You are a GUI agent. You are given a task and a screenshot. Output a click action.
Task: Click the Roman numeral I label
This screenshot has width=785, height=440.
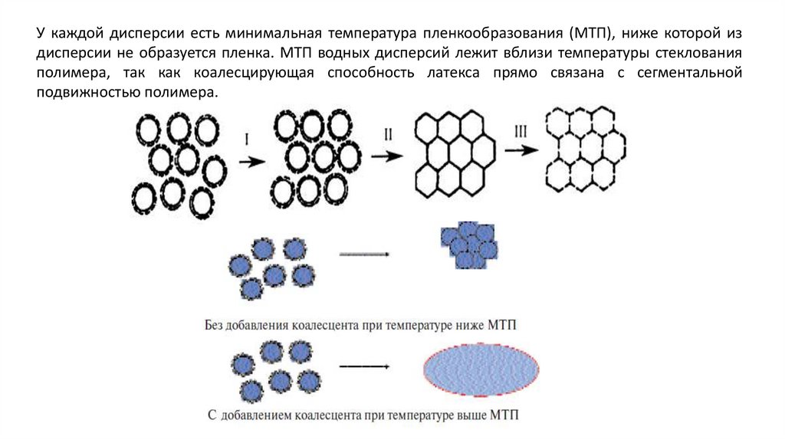click(248, 140)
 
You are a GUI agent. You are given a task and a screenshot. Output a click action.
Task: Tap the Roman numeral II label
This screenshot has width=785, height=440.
click(388, 133)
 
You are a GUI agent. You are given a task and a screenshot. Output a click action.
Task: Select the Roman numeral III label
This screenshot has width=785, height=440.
click(521, 132)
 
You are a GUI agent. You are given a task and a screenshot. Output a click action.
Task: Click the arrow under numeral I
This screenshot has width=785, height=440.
click(251, 162)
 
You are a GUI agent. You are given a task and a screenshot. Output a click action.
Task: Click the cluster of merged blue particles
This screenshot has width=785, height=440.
click(468, 245)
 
